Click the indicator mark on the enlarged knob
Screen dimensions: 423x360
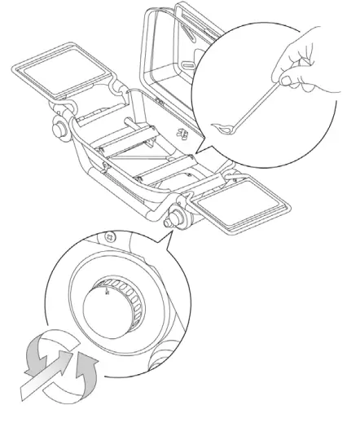[x=104, y=286]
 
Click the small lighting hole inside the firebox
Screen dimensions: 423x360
[x=182, y=134]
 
